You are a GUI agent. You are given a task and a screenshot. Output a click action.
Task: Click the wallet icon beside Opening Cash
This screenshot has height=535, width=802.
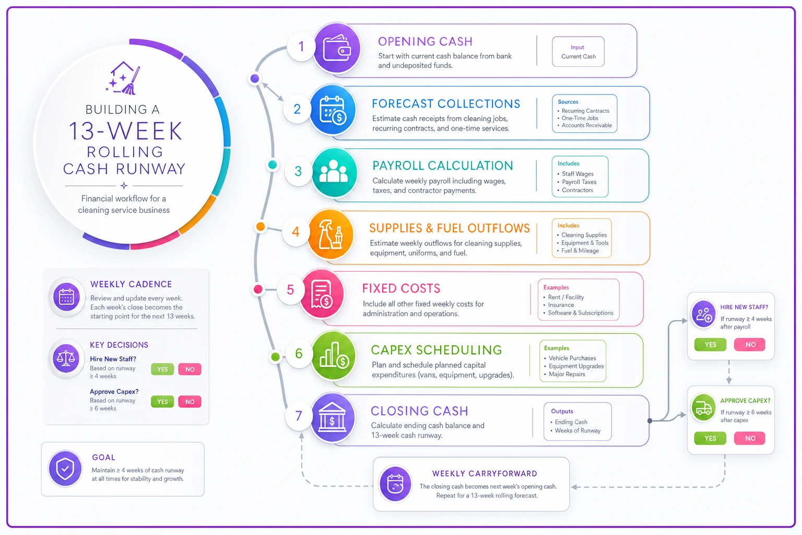[x=337, y=49]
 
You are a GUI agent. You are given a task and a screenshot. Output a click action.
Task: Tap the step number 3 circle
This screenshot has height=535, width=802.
[x=298, y=171]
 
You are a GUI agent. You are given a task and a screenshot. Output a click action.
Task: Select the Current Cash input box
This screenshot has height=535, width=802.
[x=578, y=52]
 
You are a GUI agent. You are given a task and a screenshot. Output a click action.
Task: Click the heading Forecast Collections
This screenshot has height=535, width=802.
[x=446, y=103]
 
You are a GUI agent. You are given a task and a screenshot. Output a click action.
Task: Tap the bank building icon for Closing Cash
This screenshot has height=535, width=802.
[x=332, y=418]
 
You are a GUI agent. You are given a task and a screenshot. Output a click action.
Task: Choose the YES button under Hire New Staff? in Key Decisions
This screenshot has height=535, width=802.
[x=162, y=369]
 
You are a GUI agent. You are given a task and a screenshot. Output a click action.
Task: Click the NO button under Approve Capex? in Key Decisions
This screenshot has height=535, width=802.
[x=190, y=402]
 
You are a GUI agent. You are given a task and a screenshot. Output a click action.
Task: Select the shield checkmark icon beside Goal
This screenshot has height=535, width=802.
[x=65, y=469]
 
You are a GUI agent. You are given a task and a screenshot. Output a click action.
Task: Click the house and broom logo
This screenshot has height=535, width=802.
[x=123, y=78]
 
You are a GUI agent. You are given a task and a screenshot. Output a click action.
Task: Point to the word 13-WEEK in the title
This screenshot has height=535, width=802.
[x=126, y=131]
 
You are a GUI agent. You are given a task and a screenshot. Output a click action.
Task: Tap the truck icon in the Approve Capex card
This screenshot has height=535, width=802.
[x=703, y=408]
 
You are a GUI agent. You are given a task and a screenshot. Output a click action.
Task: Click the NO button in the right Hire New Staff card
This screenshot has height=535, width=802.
[x=750, y=345]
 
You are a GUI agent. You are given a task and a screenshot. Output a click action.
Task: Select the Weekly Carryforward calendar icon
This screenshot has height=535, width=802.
[x=395, y=484]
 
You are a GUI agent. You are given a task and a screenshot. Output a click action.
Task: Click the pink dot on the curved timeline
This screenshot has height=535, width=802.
[x=258, y=289]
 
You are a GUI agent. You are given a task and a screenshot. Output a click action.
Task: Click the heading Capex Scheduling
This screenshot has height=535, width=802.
[x=437, y=350]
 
